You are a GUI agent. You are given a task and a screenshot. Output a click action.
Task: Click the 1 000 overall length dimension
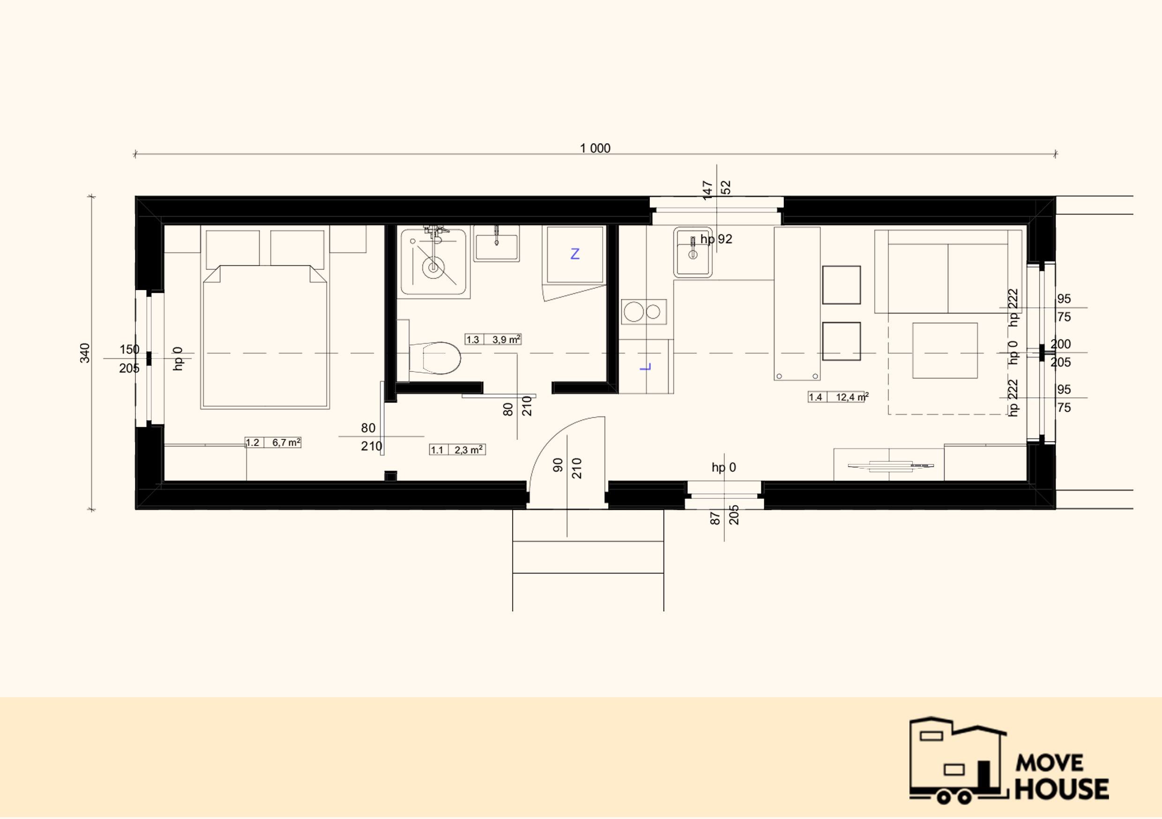[x=595, y=149]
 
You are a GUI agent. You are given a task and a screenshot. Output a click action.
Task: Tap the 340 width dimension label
[x=84, y=353]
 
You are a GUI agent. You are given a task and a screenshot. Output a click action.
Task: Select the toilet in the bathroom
[x=435, y=358]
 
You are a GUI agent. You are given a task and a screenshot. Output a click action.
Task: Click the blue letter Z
[x=575, y=253]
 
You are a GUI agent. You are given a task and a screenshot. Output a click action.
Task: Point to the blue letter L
[x=645, y=367]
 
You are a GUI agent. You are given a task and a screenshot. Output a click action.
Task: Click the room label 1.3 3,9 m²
[x=493, y=339]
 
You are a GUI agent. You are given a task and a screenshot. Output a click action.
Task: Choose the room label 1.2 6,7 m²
[x=273, y=442]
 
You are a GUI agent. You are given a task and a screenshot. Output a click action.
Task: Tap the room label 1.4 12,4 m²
[x=839, y=397]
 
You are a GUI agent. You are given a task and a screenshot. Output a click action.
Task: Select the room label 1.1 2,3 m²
[x=457, y=449]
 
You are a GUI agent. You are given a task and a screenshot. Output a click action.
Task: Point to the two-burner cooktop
[x=644, y=312]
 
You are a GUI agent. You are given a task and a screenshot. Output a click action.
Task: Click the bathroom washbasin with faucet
[x=497, y=244]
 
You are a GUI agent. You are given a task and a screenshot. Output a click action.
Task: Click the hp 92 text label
[x=716, y=239]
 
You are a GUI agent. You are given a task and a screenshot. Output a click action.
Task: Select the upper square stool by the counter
[x=841, y=285]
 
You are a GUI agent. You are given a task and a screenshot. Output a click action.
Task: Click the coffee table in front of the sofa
[x=945, y=350]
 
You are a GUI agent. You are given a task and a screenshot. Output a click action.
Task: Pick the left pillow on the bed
[x=233, y=248]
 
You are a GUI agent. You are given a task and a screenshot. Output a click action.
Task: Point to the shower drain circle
[x=433, y=266]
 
